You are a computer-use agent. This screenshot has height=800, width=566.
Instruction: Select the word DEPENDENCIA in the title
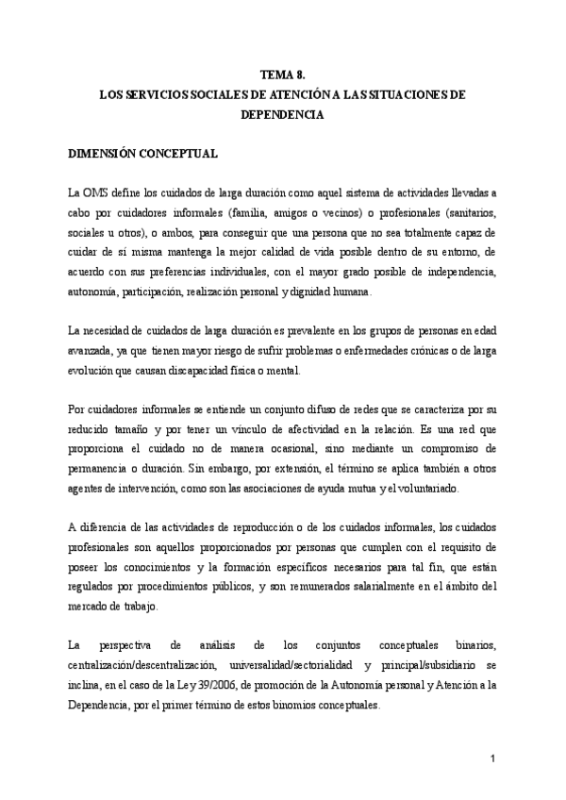tap(283, 115)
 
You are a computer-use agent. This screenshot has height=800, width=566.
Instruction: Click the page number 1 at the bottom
tap(492, 758)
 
